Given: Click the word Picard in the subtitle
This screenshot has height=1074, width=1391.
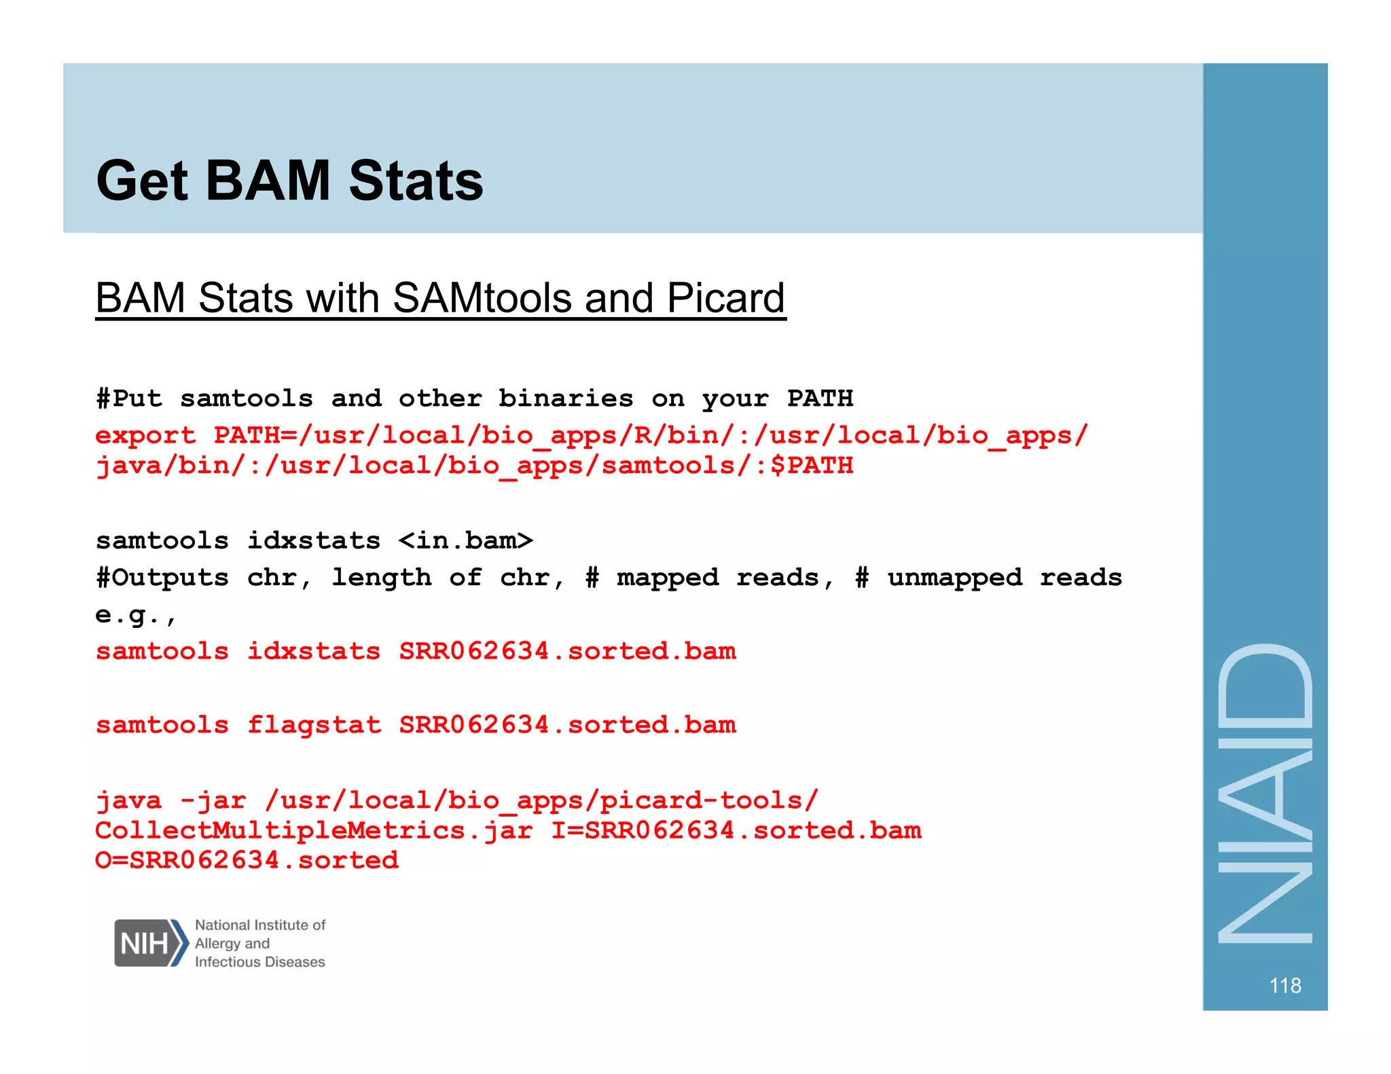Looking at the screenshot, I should pyautogui.click(x=725, y=298).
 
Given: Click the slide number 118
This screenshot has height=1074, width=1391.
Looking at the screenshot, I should pyautogui.click(x=1284, y=985).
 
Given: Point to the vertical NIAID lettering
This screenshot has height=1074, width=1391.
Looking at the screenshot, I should pyautogui.click(x=1265, y=792).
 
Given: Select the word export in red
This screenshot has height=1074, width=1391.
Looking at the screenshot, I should pyautogui.click(x=145, y=435).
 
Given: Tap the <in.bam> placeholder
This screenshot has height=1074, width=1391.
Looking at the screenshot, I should pyautogui.click(x=465, y=540).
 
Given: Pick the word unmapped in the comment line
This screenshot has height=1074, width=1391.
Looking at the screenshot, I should pyautogui.click(x=954, y=578).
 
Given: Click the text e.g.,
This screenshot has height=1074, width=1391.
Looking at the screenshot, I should pyautogui.click(x=135, y=615).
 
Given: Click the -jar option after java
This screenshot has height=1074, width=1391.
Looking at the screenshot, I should pyautogui.click(x=213, y=800).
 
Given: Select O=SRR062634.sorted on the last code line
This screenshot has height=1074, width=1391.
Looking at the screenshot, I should pyautogui.click(x=247, y=860).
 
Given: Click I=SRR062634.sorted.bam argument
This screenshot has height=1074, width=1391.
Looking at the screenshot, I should pyautogui.click(x=736, y=830).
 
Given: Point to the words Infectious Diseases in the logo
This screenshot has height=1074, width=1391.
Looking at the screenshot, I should pyautogui.click(x=259, y=962).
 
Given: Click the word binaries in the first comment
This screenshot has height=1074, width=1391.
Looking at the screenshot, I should pyautogui.click(x=565, y=399).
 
